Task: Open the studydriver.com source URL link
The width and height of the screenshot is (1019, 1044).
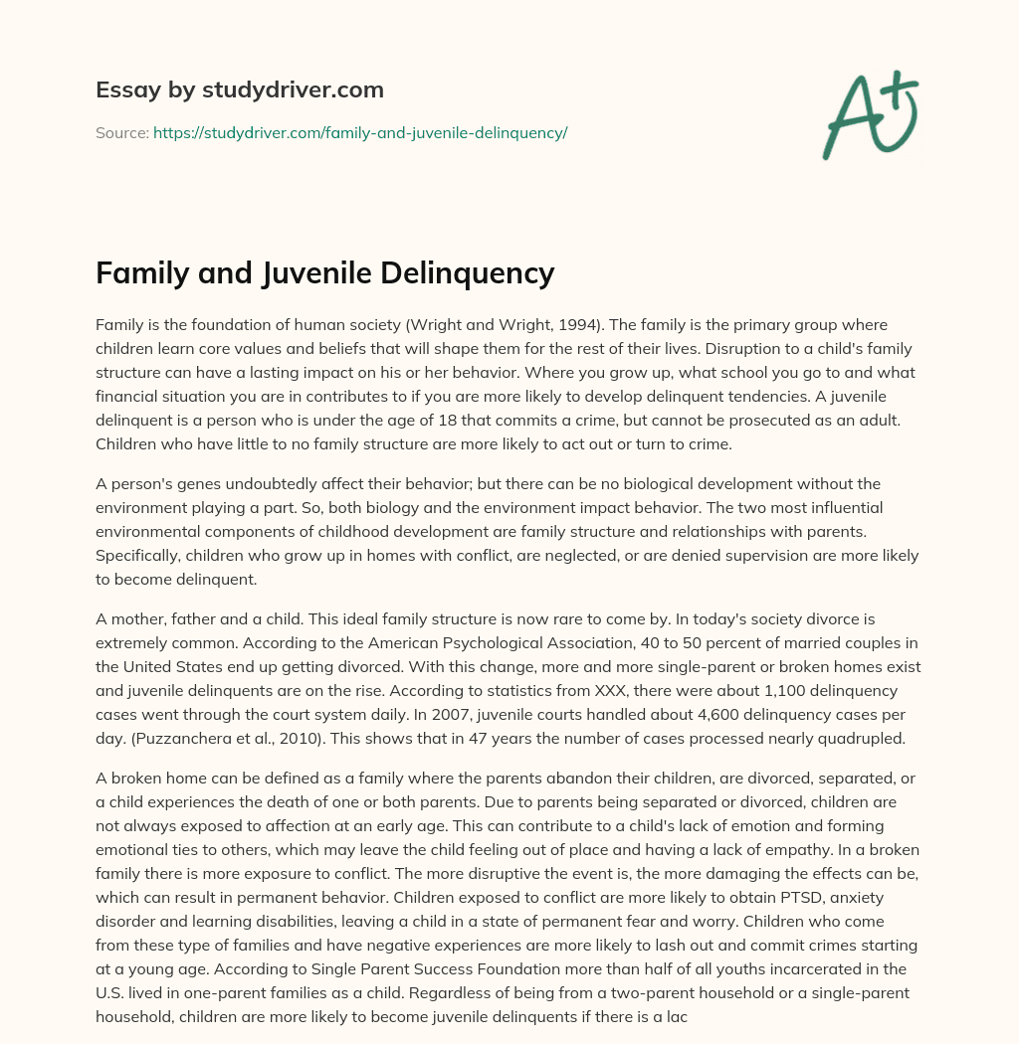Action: pos(359,132)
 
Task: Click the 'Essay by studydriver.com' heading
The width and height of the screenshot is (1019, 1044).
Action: pos(239,89)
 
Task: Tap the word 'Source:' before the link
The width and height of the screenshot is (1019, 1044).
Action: pos(121,132)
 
